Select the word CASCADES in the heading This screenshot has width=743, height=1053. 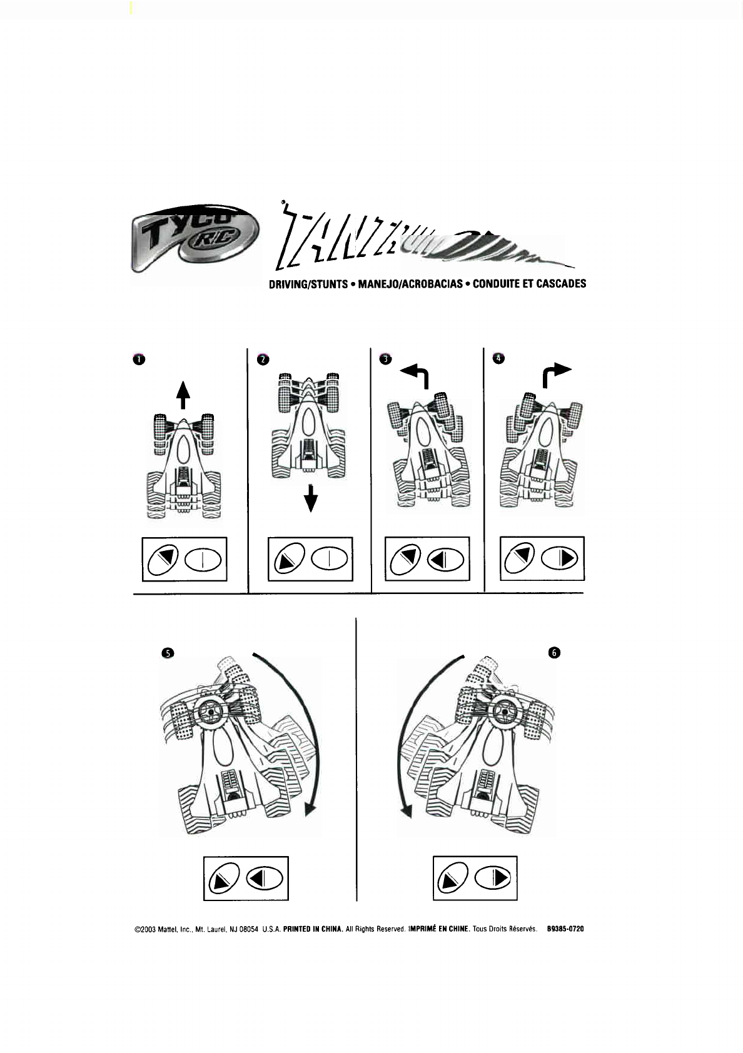(x=561, y=284)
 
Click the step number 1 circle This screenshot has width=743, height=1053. (x=138, y=359)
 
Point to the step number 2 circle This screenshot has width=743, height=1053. (x=263, y=359)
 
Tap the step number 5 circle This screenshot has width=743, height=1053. (x=167, y=653)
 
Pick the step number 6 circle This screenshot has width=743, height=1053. (x=554, y=653)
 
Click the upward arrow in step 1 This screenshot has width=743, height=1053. (x=183, y=395)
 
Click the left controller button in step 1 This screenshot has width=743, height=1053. (x=163, y=559)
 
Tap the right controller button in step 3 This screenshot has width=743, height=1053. (x=445, y=559)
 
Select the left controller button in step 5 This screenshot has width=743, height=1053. (x=224, y=879)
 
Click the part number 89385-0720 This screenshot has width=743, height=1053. (x=565, y=929)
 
